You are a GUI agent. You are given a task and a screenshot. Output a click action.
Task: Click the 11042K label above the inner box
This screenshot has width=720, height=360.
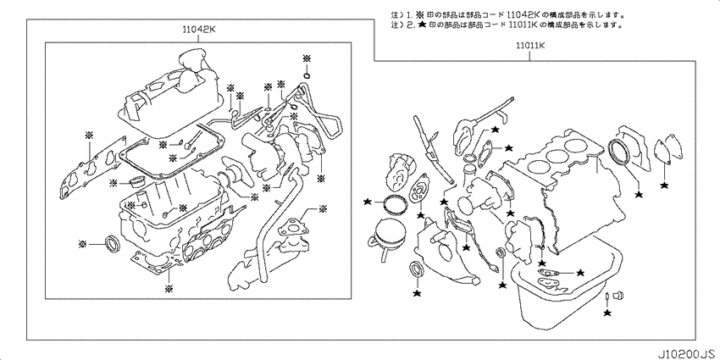point(199,30)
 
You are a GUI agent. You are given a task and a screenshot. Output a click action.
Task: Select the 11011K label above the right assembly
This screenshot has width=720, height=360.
point(529,46)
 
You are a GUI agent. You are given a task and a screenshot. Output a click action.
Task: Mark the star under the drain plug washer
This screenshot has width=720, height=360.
point(607,313)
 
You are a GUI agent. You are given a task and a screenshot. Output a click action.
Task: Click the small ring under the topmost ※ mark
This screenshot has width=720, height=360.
point(307,75)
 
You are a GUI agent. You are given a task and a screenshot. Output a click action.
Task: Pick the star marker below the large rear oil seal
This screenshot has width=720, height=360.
point(638,195)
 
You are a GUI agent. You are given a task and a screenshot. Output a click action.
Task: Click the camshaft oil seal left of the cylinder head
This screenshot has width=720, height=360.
point(113,244)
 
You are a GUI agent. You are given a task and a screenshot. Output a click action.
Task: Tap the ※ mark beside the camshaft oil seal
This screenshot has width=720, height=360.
point(83,243)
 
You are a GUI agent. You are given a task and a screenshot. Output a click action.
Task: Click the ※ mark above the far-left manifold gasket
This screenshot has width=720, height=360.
point(89,135)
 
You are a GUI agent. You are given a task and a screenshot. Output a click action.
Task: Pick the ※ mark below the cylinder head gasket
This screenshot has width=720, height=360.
point(169,289)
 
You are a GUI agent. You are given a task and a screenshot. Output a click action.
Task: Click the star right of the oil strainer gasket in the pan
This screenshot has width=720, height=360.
point(580,272)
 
